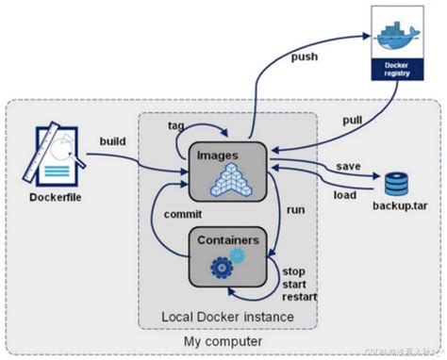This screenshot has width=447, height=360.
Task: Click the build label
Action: coord(112,141)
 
